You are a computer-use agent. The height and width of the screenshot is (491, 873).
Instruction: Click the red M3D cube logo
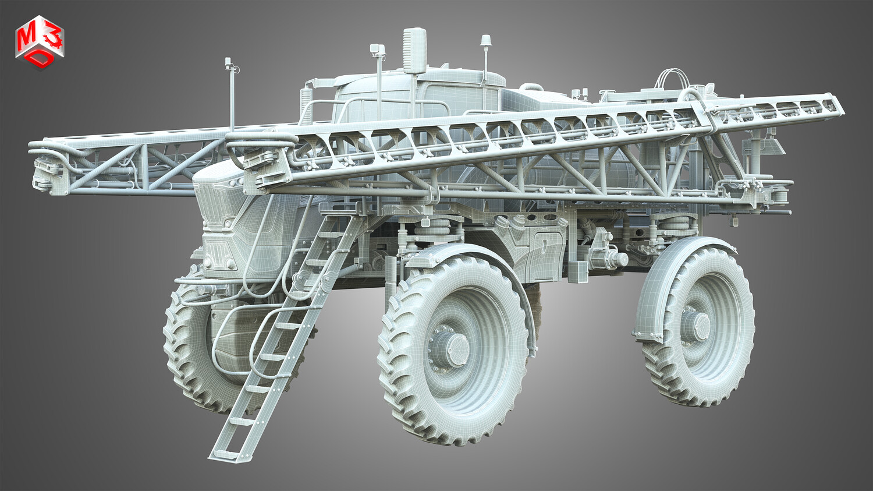40,42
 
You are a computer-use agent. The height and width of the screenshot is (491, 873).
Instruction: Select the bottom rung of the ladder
226,454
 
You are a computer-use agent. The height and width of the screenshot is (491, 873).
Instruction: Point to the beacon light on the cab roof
485,40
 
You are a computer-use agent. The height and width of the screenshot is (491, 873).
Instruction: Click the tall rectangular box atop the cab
414,50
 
